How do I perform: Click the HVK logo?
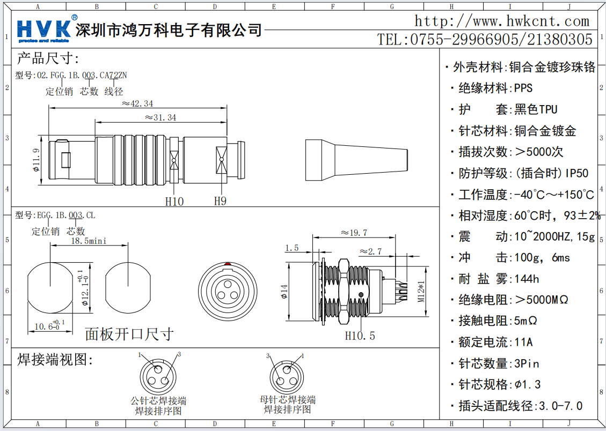[44, 29]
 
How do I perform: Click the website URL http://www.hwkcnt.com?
[502, 21]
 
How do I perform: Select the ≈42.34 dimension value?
[138, 103]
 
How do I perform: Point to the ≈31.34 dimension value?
[160, 117]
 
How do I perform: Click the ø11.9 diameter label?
[36, 160]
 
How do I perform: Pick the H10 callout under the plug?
[174, 202]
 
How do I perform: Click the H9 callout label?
[220, 202]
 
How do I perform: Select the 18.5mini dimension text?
[89, 241]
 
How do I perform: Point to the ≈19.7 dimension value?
[354, 233]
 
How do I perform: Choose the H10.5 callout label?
[360, 336]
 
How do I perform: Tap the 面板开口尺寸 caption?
[129, 334]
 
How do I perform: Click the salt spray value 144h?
[527, 279]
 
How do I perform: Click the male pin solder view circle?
[158, 376]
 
